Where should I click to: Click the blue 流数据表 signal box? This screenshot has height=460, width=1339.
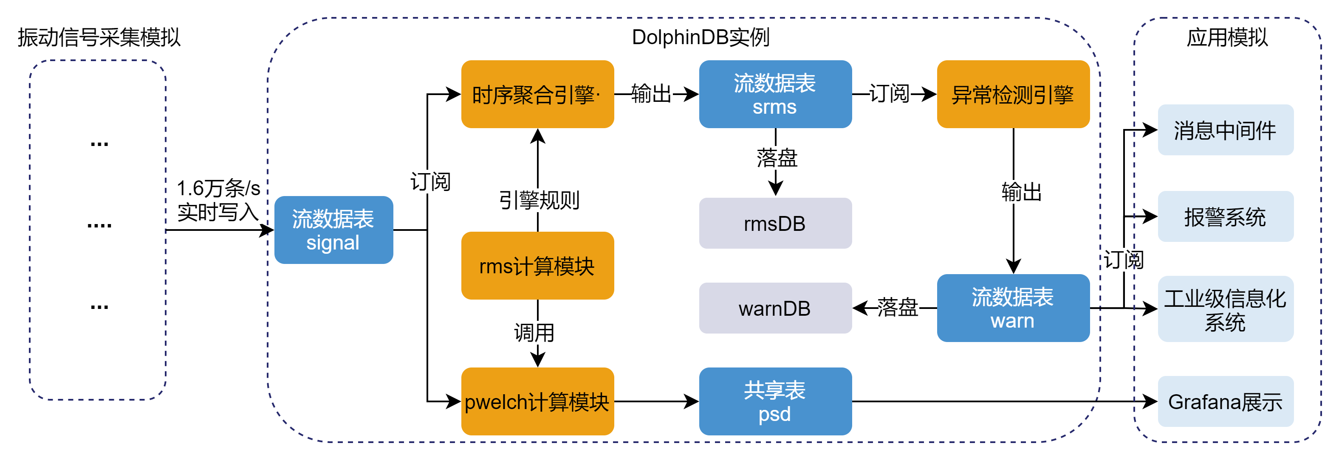333,230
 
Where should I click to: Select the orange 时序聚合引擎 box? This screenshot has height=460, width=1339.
537,94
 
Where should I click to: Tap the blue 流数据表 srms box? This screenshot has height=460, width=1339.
774,94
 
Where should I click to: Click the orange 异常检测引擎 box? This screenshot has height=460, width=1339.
1013,94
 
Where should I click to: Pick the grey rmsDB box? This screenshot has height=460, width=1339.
774,223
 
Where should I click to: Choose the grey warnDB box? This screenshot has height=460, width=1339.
774,308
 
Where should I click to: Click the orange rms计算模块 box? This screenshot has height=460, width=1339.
537,266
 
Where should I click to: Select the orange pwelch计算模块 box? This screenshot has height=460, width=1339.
537,401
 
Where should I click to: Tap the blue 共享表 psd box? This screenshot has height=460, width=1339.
774,401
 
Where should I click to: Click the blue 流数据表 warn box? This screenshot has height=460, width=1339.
1013,308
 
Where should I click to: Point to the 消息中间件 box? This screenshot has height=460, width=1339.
1225,130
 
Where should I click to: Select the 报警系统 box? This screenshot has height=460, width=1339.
1225,216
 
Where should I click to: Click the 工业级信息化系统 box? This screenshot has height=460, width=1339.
1225,309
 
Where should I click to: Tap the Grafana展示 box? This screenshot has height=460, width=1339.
1225,401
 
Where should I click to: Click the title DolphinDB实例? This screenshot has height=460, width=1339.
700,37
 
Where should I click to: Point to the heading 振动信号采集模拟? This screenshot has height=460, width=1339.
99,37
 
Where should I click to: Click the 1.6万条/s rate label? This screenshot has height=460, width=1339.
218,188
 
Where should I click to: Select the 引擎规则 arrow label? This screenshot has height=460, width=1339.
539,200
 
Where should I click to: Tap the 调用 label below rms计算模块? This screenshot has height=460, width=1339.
534,332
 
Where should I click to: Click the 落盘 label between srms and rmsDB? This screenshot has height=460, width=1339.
777,157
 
